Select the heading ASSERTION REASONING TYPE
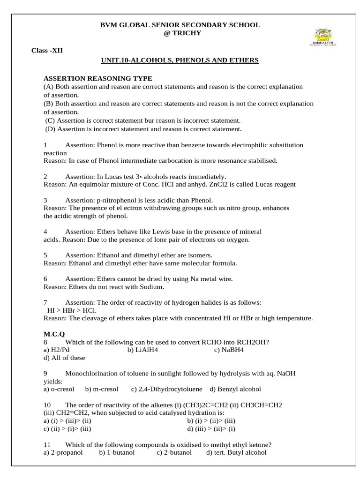coord(97,78)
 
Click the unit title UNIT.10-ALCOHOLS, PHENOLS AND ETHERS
coord(180,60)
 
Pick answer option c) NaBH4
coord(229,350)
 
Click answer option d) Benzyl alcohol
coord(235,389)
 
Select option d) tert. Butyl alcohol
coord(236,452)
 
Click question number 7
coord(45,302)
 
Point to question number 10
coord(47,405)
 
